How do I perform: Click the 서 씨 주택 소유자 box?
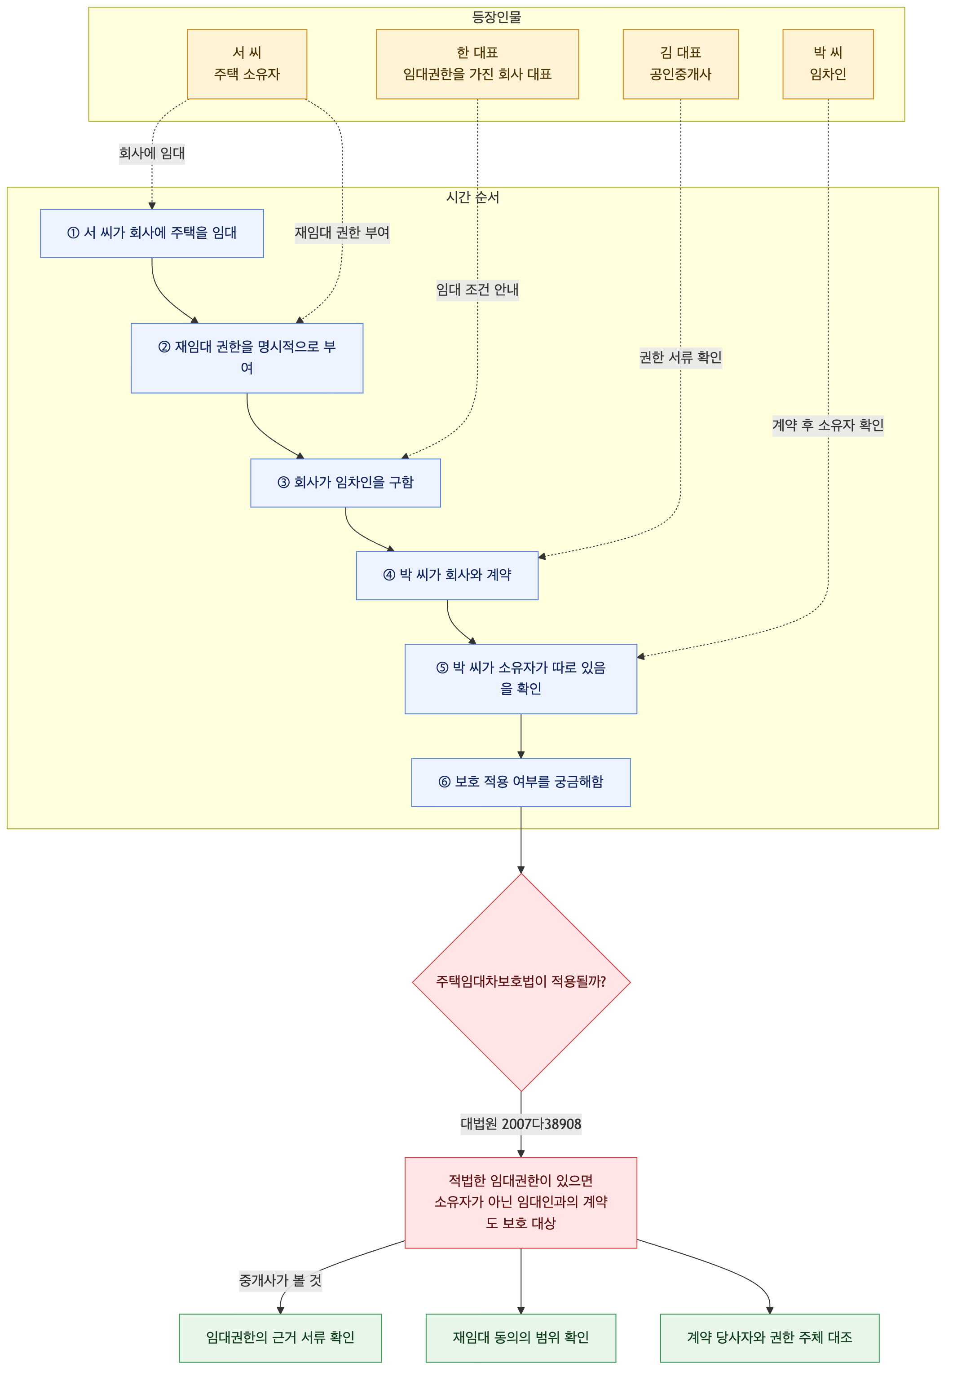coord(247,64)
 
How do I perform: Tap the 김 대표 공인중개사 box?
coord(681,64)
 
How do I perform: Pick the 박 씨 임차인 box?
coord(828,64)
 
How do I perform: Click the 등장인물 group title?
coord(496,18)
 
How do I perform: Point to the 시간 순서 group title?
coord(472,197)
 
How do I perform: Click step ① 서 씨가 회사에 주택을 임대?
coord(152,233)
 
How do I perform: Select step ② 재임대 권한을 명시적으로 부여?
coord(247,358)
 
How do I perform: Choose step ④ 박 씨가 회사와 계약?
coord(447,576)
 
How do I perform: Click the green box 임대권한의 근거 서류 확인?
coord(280,1338)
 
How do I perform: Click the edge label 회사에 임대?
coord(152,154)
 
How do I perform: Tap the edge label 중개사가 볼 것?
coord(280,1280)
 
